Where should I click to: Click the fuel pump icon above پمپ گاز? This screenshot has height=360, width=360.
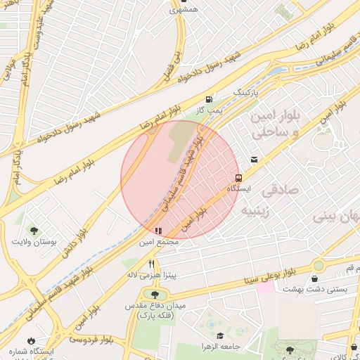point(208,99)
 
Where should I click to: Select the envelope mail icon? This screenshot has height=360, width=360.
point(253,160)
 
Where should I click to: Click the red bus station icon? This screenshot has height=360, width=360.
point(238,178)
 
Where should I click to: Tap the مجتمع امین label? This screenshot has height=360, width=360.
point(160,242)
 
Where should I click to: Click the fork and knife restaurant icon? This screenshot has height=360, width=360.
point(151,264)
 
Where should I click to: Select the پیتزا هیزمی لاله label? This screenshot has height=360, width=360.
point(149,276)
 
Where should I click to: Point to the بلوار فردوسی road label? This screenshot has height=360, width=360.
point(91,340)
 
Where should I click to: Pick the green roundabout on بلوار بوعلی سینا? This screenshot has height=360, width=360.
point(319,266)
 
